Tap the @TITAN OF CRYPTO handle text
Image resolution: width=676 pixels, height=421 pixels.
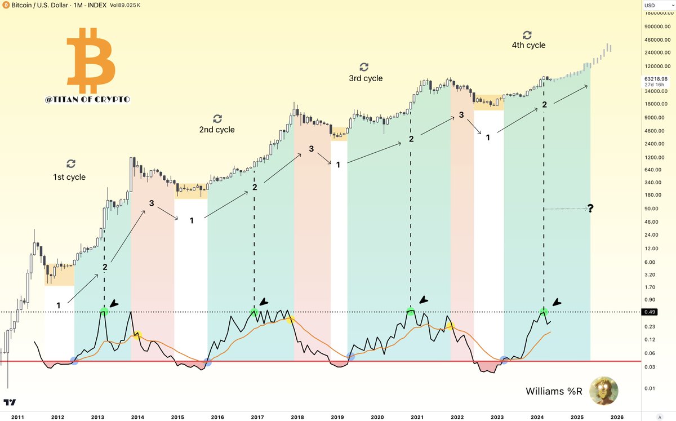click(87, 100)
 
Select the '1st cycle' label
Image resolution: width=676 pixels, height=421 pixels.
click(70, 177)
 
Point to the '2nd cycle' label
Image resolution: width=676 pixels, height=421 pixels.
click(217, 130)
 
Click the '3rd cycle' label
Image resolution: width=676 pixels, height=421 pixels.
click(366, 78)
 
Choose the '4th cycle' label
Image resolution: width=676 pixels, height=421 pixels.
click(528, 45)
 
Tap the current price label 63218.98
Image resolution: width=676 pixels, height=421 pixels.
click(657, 78)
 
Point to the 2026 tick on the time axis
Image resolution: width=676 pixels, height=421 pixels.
click(617, 416)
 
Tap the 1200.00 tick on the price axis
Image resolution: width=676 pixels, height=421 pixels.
click(656, 157)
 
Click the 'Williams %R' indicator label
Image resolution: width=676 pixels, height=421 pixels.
click(553, 391)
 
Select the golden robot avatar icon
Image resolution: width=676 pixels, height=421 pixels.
click(603, 391)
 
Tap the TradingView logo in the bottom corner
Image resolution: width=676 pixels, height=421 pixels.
click(10, 402)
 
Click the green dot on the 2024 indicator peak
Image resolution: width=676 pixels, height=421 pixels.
click(544, 312)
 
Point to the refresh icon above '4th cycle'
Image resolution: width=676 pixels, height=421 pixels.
click(527, 34)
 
